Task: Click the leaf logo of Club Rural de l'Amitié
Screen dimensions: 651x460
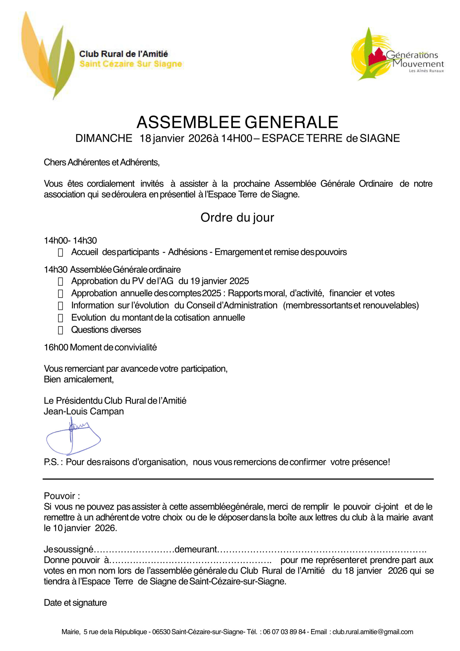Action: (x=48, y=55)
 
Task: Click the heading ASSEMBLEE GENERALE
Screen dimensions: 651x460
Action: (x=237, y=122)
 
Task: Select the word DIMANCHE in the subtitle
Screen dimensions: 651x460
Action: (x=104, y=138)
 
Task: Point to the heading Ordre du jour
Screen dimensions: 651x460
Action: (x=237, y=217)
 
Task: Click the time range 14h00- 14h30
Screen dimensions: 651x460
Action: (x=70, y=241)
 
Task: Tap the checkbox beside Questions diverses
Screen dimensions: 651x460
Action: (x=60, y=330)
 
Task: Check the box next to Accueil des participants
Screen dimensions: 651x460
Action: (x=60, y=253)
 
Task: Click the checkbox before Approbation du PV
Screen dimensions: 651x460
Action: (x=60, y=282)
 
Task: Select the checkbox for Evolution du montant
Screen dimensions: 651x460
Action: (x=60, y=318)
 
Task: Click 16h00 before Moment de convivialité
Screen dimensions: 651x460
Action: (x=56, y=347)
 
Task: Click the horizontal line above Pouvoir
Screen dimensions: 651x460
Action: (x=238, y=479)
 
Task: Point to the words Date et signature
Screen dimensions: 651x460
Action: (x=75, y=603)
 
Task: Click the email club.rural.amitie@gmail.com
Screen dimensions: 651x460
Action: (x=373, y=632)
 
